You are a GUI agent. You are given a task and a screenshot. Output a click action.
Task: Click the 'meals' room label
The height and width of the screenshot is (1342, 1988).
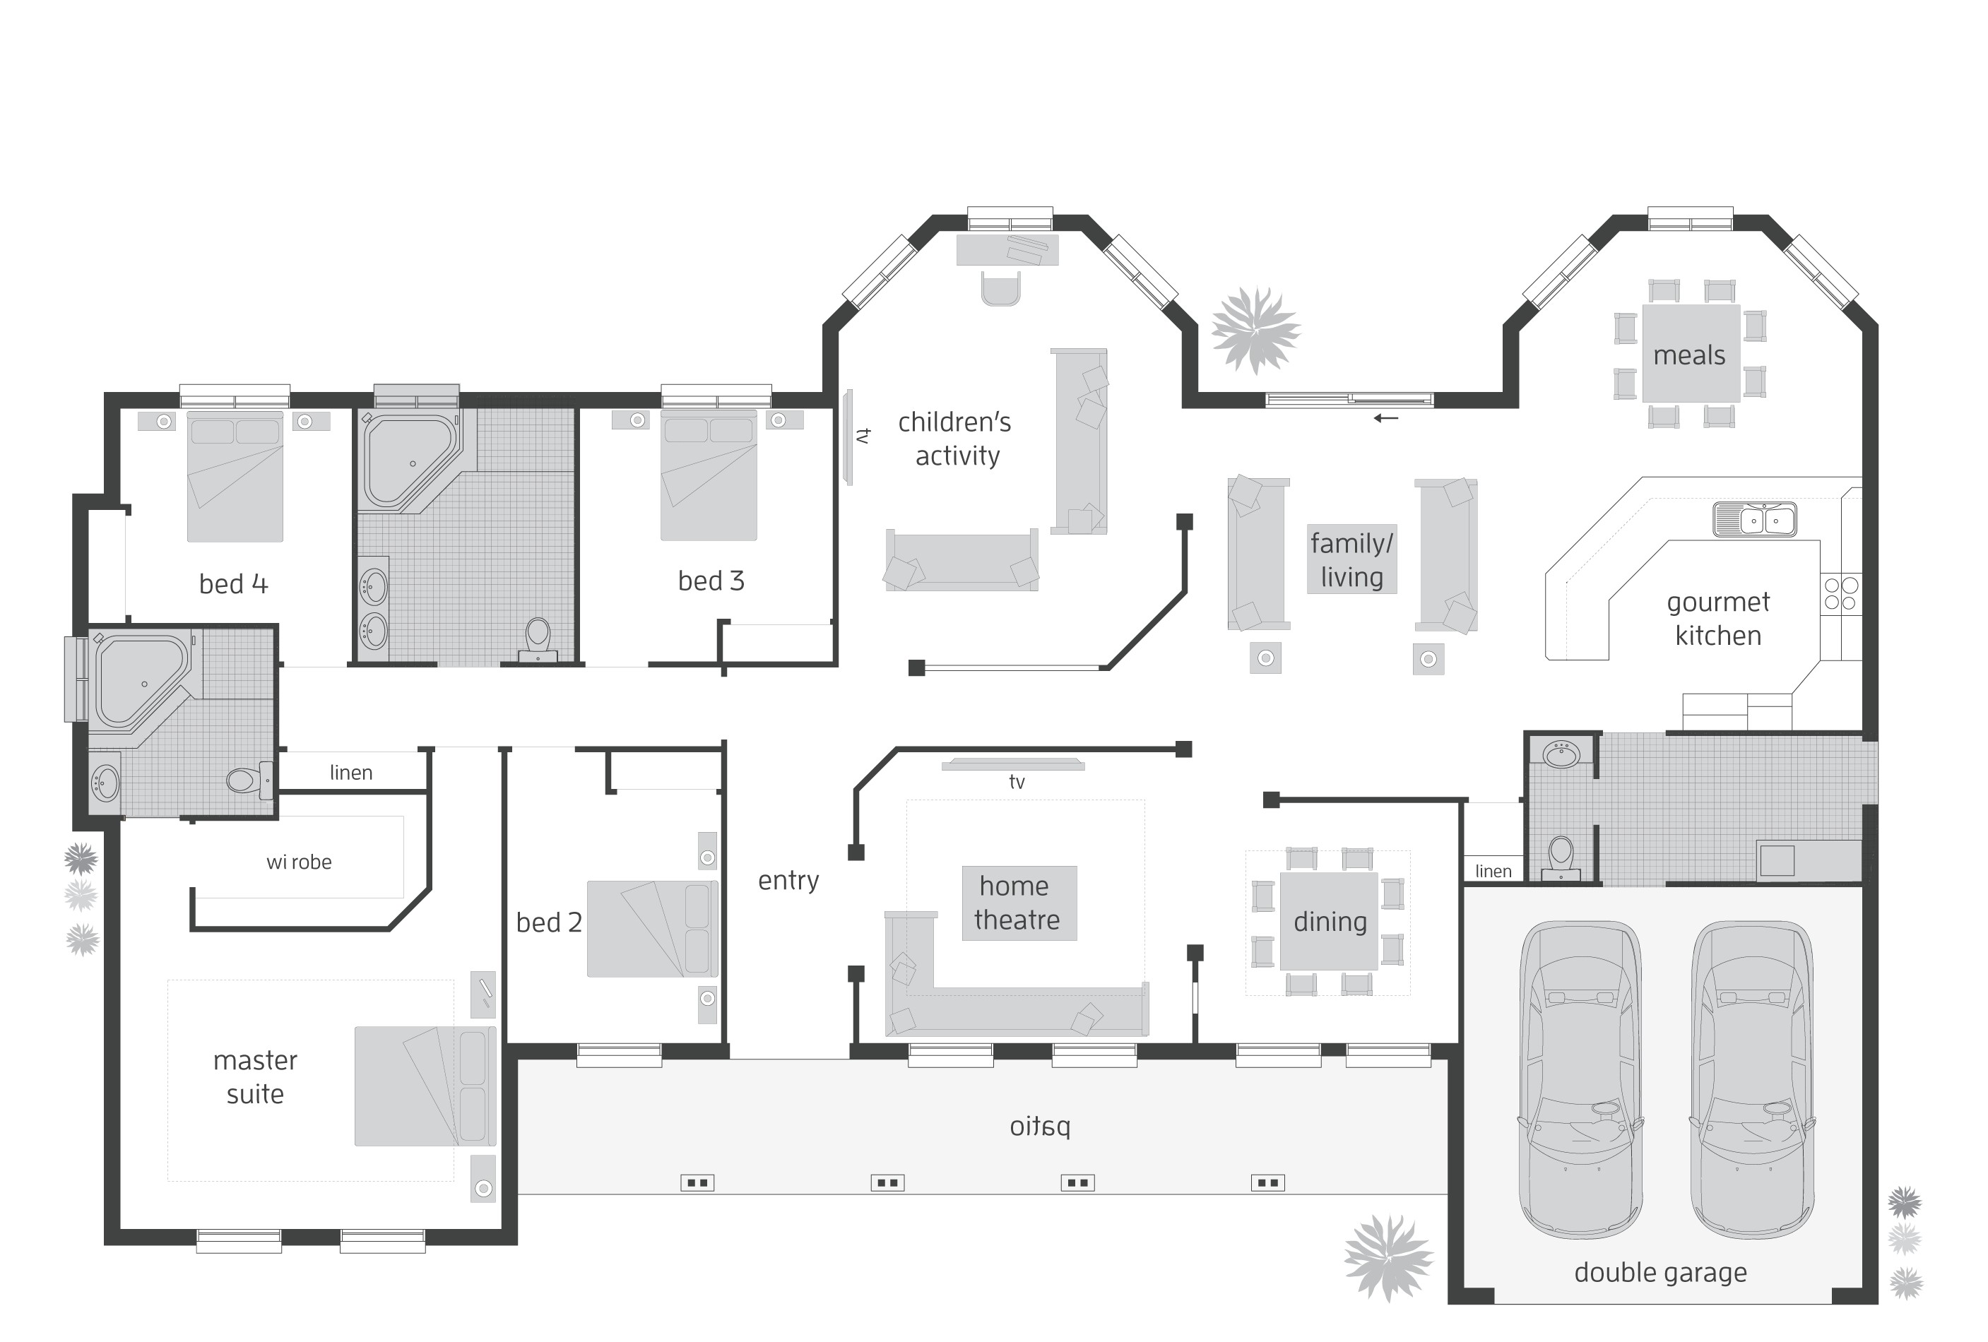(x=1688, y=355)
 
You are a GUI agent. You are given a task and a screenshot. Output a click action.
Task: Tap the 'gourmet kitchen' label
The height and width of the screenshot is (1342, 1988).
(x=1717, y=619)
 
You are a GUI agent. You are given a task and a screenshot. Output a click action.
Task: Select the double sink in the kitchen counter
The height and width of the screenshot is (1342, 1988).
(x=1754, y=519)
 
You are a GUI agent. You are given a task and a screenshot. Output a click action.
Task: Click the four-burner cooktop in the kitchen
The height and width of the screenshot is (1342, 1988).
(x=1841, y=593)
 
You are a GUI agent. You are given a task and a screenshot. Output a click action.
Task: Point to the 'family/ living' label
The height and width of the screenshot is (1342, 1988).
(x=1351, y=560)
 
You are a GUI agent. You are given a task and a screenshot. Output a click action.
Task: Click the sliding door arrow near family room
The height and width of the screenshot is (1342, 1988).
(x=1386, y=418)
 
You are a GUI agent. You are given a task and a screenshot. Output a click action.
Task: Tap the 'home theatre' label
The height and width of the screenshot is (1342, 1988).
(x=1016, y=903)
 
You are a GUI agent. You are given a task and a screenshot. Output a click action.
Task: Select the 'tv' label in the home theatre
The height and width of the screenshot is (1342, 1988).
(x=1016, y=782)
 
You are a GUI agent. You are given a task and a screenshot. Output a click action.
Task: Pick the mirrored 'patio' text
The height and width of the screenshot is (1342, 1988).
(x=1039, y=1127)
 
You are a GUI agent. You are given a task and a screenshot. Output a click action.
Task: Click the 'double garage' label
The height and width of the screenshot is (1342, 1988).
(x=1659, y=1273)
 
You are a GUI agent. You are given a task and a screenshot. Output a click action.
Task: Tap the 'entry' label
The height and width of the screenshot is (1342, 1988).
(x=788, y=880)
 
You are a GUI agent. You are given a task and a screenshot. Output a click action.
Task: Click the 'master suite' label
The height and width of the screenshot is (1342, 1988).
(x=255, y=1077)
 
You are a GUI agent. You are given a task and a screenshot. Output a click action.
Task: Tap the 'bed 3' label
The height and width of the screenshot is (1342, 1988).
(x=711, y=581)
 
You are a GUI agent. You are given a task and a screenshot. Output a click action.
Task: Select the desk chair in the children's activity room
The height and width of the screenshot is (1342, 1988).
(x=1001, y=288)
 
